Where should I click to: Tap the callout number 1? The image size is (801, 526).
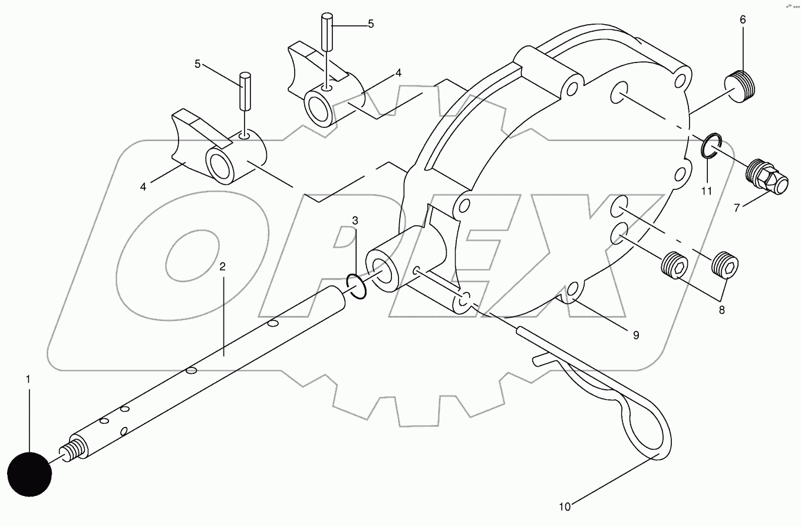point(27,379)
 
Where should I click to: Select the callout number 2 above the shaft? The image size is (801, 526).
point(222,267)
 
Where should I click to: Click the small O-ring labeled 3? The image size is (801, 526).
point(357,285)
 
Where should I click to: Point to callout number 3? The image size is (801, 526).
point(354,220)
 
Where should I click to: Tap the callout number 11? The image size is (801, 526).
point(707,190)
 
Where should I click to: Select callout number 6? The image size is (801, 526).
point(743,19)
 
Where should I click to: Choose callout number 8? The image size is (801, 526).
point(721,310)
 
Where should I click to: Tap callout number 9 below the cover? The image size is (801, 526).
point(636,335)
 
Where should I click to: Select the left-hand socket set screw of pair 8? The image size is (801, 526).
point(674,267)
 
